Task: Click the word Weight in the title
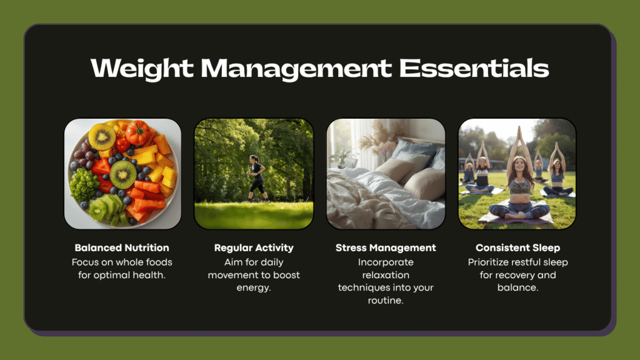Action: (x=142, y=68)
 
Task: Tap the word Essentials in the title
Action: (x=474, y=67)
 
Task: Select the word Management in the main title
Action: (x=296, y=69)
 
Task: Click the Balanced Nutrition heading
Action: (x=122, y=247)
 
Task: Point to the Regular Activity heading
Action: (x=254, y=247)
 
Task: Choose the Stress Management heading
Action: (x=386, y=247)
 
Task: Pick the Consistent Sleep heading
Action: (x=517, y=247)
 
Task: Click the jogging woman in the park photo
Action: (x=257, y=178)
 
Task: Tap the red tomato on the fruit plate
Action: (x=137, y=132)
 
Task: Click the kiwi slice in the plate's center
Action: (x=123, y=174)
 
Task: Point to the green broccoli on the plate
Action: (x=84, y=185)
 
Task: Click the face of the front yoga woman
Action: (x=518, y=166)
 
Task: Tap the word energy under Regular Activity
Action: (x=254, y=287)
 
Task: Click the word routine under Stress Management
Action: (x=386, y=301)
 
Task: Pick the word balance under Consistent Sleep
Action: (x=517, y=287)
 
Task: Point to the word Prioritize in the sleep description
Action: (x=487, y=262)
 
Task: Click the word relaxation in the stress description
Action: (x=386, y=275)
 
